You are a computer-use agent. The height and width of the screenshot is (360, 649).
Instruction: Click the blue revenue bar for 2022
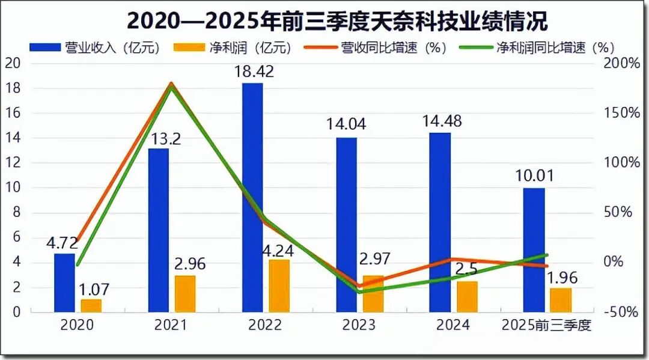[x=252, y=198]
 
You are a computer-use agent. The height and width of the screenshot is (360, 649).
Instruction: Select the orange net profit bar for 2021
[x=186, y=294]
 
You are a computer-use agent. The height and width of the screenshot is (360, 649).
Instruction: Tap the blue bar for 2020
[x=64, y=282]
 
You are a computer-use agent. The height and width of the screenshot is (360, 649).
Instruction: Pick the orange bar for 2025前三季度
[x=561, y=300]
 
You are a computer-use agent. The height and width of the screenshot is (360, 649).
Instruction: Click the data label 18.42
[x=253, y=72]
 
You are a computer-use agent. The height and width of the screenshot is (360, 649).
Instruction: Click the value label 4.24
[x=277, y=249]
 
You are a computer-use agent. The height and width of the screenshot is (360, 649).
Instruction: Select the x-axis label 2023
[x=359, y=326]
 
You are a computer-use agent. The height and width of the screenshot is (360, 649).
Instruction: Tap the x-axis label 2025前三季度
[x=547, y=326]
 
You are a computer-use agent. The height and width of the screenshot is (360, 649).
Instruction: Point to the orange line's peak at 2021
[x=171, y=84]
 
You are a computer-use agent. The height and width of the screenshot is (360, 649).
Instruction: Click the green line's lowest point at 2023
[x=359, y=291]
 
